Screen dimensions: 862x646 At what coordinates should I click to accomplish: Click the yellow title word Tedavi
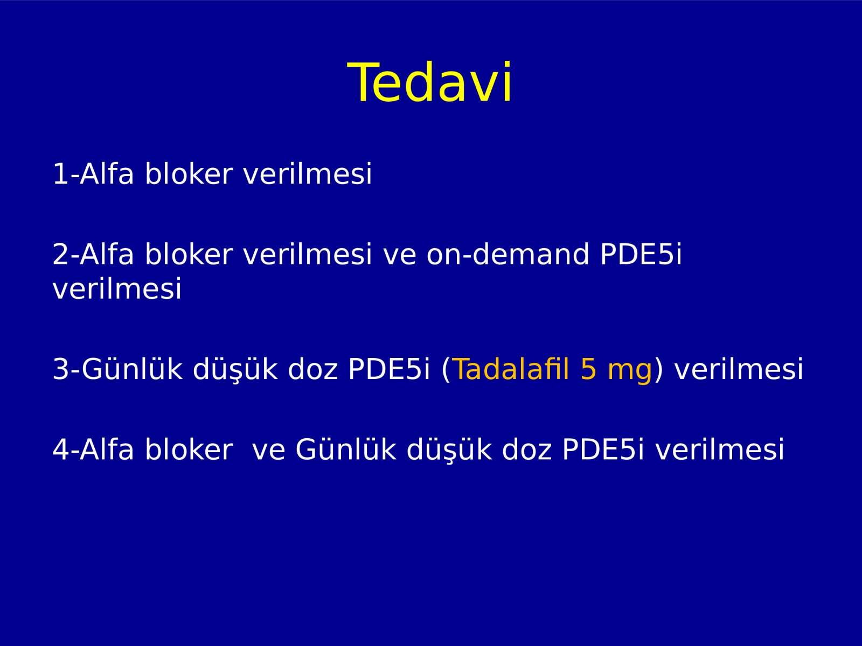pyautogui.click(x=429, y=82)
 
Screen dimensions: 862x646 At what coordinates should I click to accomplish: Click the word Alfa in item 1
pyautogui.click(x=107, y=173)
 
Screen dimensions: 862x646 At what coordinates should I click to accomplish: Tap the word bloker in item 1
pyautogui.click(x=189, y=173)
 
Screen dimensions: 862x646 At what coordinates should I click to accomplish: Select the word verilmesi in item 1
pyautogui.click(x=308, y=173)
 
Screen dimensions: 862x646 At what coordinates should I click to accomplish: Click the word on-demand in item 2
pyautogui.click(x=508, y=254)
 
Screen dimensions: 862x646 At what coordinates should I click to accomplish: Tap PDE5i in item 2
pyautogui.click(x=641, y=254)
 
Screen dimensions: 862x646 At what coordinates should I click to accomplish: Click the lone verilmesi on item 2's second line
pyautogui.click(x=117, y=289)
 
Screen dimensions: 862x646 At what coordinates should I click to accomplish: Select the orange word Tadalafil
pyautogui.click(x=511, y=369)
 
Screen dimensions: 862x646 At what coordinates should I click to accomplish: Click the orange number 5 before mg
pyautogui.click(x=588, y=369)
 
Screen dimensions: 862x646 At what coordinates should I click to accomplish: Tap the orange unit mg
pyautogui.click(x=630, y=373)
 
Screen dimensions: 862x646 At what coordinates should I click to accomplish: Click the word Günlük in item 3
pyautogui.click(x=132, y=369)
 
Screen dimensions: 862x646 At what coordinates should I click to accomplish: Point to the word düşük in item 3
pyautogui.click(x=235, y=369)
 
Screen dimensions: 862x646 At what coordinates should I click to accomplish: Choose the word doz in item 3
pyautogui.click(x=312, y=369)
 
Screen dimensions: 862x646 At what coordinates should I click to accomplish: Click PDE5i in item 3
pyautogui.click(x=389, y=369)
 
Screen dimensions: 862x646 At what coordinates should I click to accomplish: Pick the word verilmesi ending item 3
pyautogui.click(x=739, y=369)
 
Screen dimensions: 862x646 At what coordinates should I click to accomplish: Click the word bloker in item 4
pyautogui.click(x=189, y=449)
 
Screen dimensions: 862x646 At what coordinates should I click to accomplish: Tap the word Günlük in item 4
pyautogui.click(x=346, y=449)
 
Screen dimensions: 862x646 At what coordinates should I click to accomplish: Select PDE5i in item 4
pyautogui.click(x=603, y=449)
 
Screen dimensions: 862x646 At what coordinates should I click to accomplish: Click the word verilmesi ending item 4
pyautogui.click(x=719, y=449)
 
